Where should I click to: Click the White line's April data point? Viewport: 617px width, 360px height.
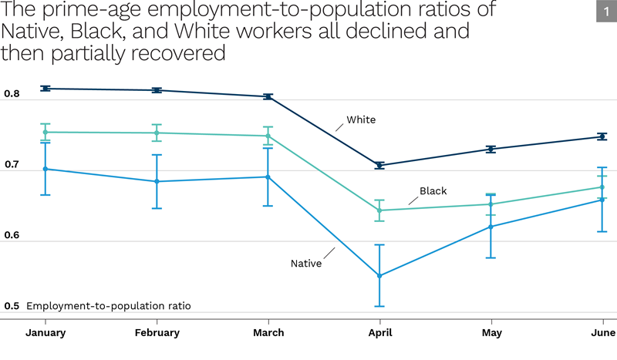379,165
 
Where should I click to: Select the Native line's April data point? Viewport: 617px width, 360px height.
379,275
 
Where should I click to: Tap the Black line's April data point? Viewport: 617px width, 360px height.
379,210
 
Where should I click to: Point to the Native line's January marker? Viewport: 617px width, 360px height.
46,169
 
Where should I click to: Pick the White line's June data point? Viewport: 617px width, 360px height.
602,136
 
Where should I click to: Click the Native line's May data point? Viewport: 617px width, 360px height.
491,227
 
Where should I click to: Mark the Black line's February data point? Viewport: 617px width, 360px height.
157,133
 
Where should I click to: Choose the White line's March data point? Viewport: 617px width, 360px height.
268,96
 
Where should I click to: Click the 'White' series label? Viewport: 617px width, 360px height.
361,119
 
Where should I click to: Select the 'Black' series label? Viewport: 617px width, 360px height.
433,190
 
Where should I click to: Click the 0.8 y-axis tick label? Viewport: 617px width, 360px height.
12,94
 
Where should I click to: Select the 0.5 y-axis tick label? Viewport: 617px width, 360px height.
12,306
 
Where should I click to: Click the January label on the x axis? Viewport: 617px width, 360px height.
46,333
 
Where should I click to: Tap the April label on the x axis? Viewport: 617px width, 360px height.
379,333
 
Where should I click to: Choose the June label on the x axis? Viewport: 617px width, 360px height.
602,333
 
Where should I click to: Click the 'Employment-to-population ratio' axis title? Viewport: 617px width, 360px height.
109,306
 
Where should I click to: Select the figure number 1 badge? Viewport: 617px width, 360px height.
602,12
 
